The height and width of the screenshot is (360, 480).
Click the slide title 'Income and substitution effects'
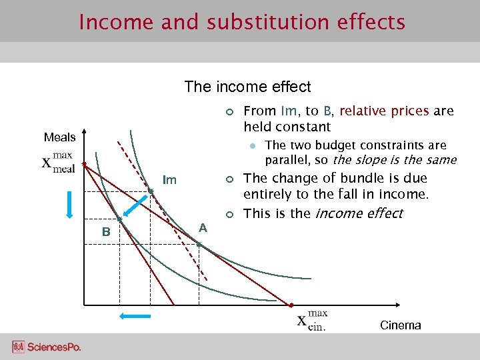241,22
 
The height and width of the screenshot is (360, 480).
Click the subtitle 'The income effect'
247,87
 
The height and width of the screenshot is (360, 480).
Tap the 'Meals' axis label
59,137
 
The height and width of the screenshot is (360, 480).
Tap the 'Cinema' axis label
400,325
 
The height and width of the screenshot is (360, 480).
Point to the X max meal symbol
59,162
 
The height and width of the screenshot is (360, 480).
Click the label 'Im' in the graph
170,180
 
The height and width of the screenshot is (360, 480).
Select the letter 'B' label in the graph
105,232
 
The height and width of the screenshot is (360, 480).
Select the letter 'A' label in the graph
203,227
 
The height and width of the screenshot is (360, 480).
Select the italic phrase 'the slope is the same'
395,160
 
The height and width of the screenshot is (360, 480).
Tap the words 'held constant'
287,127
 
